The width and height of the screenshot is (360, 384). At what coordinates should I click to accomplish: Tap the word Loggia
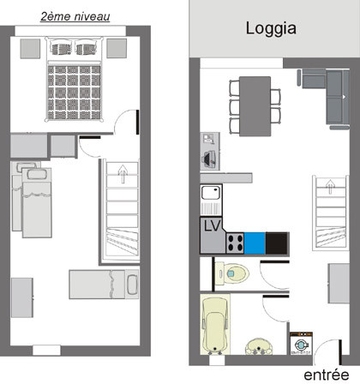click(271, 28)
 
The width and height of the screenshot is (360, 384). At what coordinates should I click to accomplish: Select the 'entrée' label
click(327, 375)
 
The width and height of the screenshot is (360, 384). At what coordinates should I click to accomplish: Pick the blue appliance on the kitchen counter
click(255, 243)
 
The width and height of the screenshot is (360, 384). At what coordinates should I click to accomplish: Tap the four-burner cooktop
click(234, 243)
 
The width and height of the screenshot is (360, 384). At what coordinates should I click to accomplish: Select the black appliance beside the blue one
click(277, 243)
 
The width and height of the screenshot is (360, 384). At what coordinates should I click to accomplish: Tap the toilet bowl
click(236, 274)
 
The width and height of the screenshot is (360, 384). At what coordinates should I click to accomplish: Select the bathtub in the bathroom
click(214, 326)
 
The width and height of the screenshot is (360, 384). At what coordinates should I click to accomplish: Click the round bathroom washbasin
click(256, 345)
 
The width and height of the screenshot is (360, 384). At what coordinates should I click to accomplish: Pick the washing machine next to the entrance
click(302, 345)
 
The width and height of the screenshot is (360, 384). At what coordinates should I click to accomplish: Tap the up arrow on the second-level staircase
click(122, 174)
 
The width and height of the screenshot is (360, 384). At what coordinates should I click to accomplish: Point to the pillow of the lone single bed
click(131, 283)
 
